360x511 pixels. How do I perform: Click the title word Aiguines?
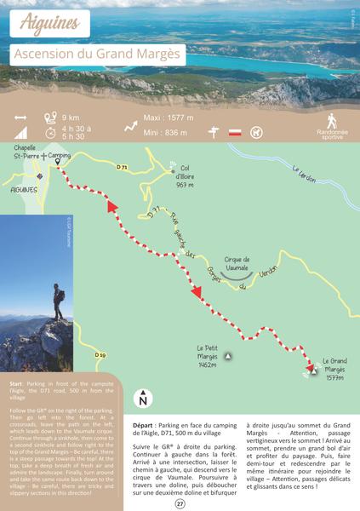click(x=50, y=22)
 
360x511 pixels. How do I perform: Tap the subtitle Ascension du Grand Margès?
click(x=98, y=55)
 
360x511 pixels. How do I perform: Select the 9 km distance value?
click(x=71, y=117)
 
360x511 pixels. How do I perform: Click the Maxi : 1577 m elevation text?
click(x=169, y=118)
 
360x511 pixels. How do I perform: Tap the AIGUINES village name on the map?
click(x=24, y=190)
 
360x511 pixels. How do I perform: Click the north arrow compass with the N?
click(x=143, y=398)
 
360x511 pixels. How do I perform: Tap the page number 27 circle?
click(x=180, y=503)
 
